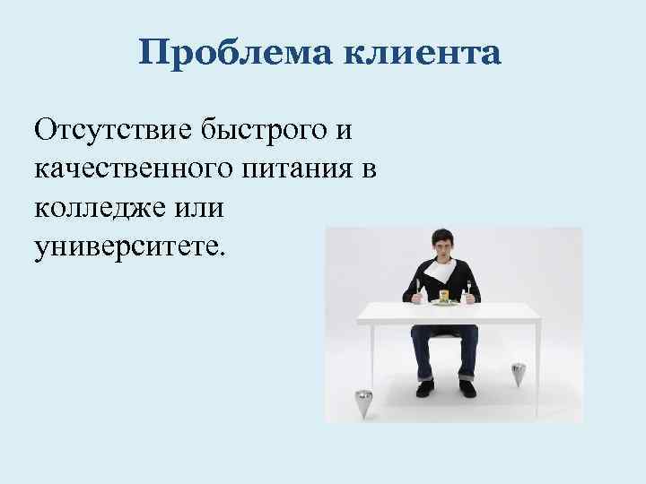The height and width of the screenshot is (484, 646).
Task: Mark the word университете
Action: [132, 244]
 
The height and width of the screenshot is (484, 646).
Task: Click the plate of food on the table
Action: [442, 300]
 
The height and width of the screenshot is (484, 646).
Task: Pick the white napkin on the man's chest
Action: [443, 270]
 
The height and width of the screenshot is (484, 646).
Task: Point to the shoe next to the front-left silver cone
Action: [424, 387]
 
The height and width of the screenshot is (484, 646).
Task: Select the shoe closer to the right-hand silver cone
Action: [467, 387]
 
